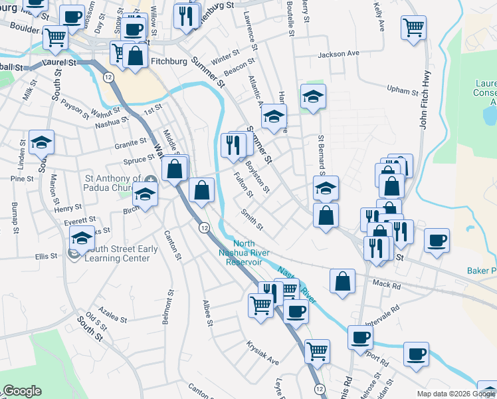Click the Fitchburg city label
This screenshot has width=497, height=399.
pos(166,61)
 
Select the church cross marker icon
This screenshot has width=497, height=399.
pos(151,178)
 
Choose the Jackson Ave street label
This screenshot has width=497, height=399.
pos(338,53)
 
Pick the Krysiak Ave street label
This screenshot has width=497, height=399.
pos(262,357)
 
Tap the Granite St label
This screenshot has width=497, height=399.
pos(130,142)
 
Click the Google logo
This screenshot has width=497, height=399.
pos(21,391)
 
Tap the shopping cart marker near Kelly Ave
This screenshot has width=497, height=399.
pos(413,28)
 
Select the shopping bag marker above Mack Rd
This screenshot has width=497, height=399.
pos(342,280)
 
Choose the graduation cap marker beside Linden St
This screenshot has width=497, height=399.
pos(41,142)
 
